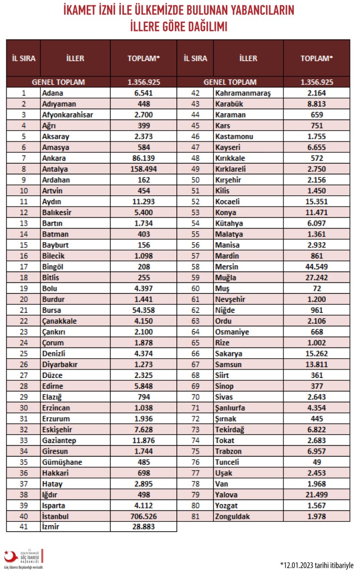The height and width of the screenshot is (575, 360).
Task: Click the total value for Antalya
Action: point(144,169)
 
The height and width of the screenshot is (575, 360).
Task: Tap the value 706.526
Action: point(144,516)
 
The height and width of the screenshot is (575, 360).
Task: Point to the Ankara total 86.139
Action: point(144,158)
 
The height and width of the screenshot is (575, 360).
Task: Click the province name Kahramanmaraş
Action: point(243,93)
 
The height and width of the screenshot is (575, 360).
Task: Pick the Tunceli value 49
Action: point(317,462)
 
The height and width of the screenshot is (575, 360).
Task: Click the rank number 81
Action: point(195,516)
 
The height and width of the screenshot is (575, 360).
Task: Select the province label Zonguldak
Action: point(233,516)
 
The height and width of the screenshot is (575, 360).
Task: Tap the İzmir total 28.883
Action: point(144,527)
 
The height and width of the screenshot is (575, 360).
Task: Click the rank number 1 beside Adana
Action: point(23,93)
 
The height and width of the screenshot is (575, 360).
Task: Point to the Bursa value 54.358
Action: point(144,310)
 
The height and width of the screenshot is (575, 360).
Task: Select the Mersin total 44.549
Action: point(317,267)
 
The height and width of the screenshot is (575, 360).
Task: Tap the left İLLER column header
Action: point(75,58)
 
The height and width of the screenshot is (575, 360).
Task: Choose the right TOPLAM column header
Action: point(317,58)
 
